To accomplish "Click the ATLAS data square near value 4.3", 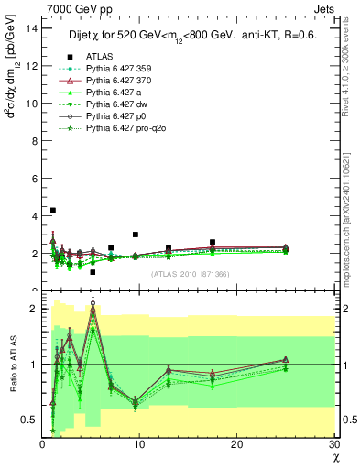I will [53, 211].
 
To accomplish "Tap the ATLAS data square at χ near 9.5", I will [135, 234].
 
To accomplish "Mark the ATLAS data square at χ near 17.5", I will [213, 243].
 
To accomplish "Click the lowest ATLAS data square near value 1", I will [93, 272].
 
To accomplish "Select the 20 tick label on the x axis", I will [236, 444].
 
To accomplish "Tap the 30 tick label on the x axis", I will [333, 444].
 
